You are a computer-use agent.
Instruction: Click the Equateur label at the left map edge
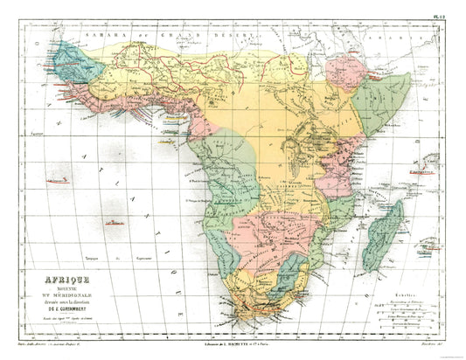pos(35,136)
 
